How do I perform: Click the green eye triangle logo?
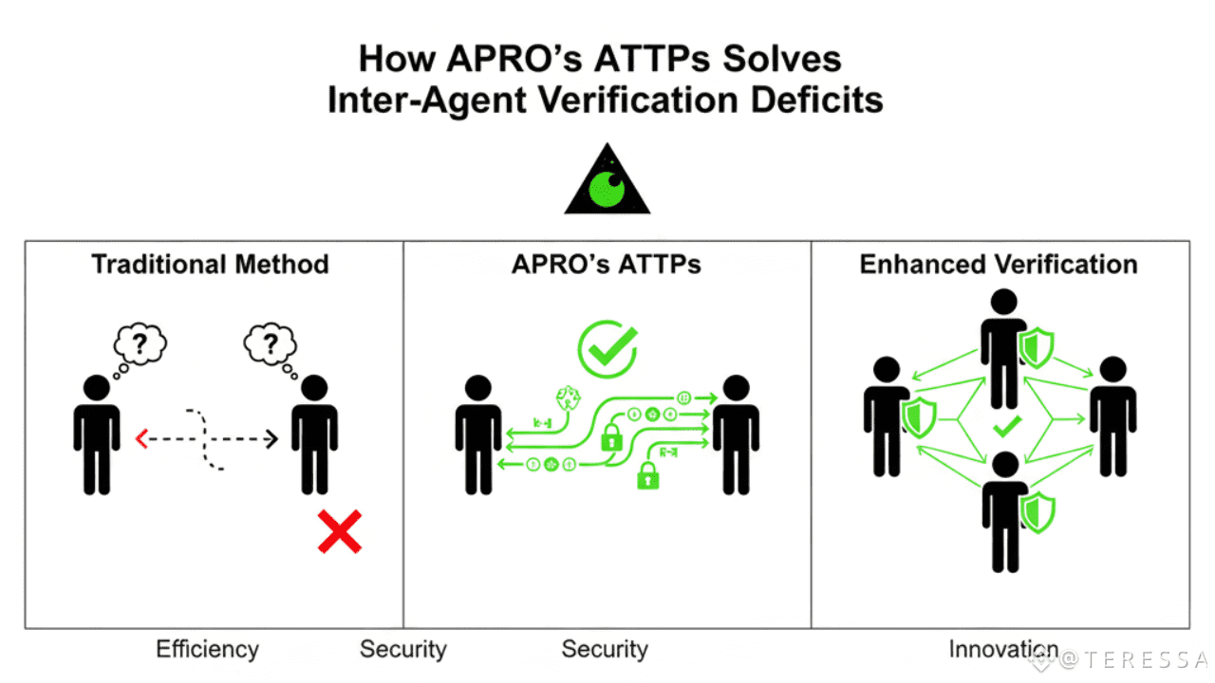coord(607,181)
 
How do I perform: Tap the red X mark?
coord(339,531)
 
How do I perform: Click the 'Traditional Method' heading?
coord(210,264)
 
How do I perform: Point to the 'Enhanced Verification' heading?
coord(999,264)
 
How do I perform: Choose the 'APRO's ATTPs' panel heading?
coord(607,264)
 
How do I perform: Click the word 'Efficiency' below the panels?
coord(207,649)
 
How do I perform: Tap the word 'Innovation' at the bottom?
coord(1003,649)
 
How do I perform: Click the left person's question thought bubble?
coord(140,345)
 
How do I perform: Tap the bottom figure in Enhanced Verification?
coord(1002,512)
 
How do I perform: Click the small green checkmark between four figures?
coord(1005,428)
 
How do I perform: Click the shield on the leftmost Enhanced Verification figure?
coord(919,417)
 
